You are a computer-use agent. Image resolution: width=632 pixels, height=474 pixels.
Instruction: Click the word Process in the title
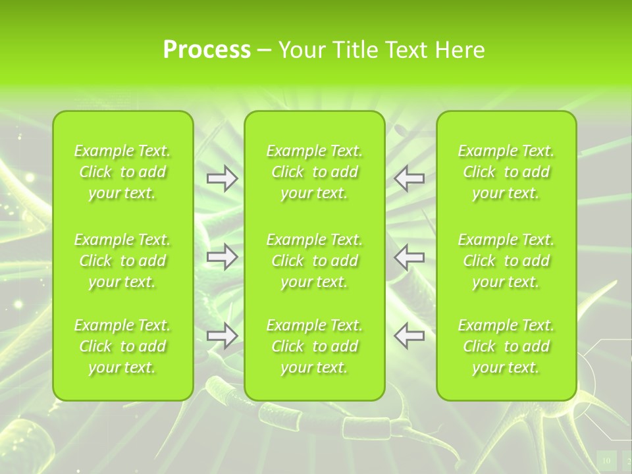point(207,50)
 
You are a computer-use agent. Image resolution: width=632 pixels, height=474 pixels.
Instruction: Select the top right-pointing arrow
point(222,178)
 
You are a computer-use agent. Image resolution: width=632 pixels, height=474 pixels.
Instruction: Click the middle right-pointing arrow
point(222,257)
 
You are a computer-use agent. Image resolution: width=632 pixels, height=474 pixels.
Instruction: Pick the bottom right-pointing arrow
point(222,336)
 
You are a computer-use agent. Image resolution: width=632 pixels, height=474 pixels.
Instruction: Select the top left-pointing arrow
point(409,178)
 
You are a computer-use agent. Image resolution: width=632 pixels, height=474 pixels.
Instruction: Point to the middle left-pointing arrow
point(409,257)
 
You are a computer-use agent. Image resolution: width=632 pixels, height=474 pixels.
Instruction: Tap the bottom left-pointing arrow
point(409,336)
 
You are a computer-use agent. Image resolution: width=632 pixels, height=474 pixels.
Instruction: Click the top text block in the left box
point(122,172)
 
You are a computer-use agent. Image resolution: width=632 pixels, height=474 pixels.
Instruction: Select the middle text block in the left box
point(122,261)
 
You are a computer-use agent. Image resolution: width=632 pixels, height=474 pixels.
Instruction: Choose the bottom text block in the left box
point(122,346)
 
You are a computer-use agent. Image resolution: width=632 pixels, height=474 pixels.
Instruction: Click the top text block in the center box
point(315,172)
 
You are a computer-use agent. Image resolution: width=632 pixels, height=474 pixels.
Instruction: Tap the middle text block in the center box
point(315,261)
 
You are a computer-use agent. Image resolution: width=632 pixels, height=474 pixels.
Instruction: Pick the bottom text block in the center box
point(315,346)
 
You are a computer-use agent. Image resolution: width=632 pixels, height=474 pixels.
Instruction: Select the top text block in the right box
point(506,172)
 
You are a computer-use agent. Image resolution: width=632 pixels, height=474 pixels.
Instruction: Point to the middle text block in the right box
point(506,261)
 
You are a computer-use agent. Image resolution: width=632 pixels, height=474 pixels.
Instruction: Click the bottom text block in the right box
point(506,346)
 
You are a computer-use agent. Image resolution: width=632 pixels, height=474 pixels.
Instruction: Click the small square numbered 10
point(606,460)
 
